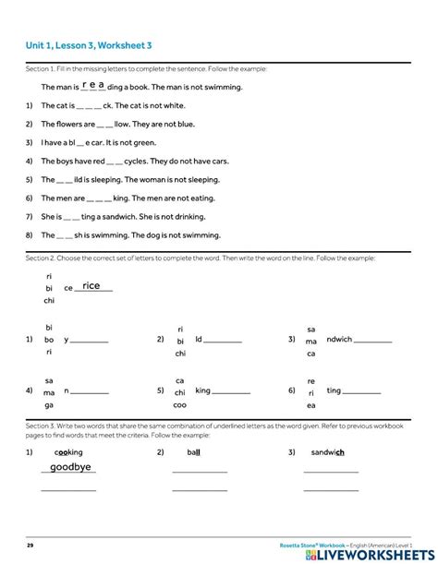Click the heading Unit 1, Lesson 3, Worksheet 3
pyautogui.click(x=89, y=45)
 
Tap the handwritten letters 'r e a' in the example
pyautogui.click(x=93, y=84)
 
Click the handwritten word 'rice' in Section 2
pyautogui.click(x=91, y=286)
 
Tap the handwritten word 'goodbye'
pyautogui.click(x=71, y=467)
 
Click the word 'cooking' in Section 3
pyautogui.click(x=68, y=452)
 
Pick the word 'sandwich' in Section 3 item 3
pyautogui.click(x=328, y=452)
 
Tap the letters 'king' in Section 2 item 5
pyautogui.click(x=203, y=391)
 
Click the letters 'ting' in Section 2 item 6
pyautogui.click(x=335, y=391)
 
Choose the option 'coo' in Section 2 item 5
pyautogui.click(x=180, y=404)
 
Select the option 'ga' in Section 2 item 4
pyautogui.click(x=49, y=404)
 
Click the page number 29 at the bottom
pyautogui.click(x=30, y=546)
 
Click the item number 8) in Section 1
pyautogui.click(x=30, y=235)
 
